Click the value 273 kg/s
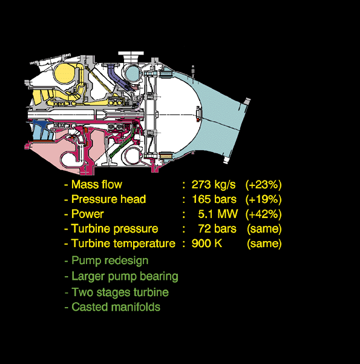[x=214, y=185]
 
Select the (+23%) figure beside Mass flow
[x=264, y=185]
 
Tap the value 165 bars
[x=214, y=199]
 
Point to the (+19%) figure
[x=264, y=200]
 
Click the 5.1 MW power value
[x=218, y=214]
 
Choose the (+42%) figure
[x=264, y=214]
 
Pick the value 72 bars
[x=217, y=229]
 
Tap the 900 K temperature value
[x=207, y=243]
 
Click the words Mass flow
[x=96, y=185]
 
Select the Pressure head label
[x=108, y=199]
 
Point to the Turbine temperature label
[x=123, y=243]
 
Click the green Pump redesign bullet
[x=106, y=260]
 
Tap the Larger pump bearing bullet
[x=122, y=276]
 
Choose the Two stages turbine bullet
[x=117, y=293]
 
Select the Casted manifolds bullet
[x=113, y=307]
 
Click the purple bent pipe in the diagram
[x=116, y=74]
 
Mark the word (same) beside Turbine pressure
[x=264, y=229]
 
